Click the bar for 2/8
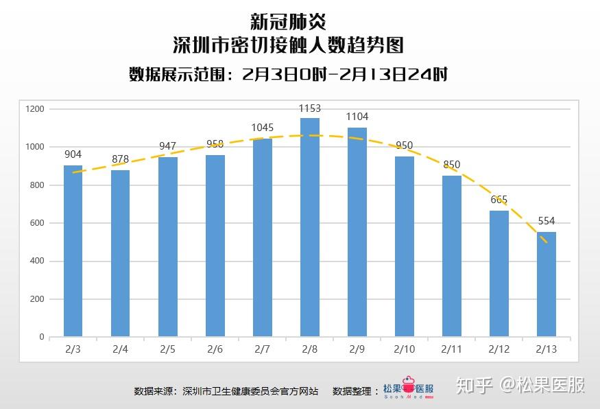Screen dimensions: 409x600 [310, 227]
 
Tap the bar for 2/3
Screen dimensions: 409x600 [73, 251]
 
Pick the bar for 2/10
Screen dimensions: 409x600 [405, 246]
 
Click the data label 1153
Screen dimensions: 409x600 [310, 108]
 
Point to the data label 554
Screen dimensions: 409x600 [547, 221]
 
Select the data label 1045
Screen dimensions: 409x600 [263, 128]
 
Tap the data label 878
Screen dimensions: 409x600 [121, 159]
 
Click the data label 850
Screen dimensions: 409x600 [452, 165]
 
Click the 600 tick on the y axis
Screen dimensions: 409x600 [36, 223]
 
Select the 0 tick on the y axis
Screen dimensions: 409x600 [41, 337]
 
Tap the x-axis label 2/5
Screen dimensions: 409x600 [167, 349]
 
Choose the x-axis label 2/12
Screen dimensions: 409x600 [499, 349]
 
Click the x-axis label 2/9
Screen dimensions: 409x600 [357, 349]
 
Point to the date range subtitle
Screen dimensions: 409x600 [288, 74]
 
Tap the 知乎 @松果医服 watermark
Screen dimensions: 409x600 [522, 385]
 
